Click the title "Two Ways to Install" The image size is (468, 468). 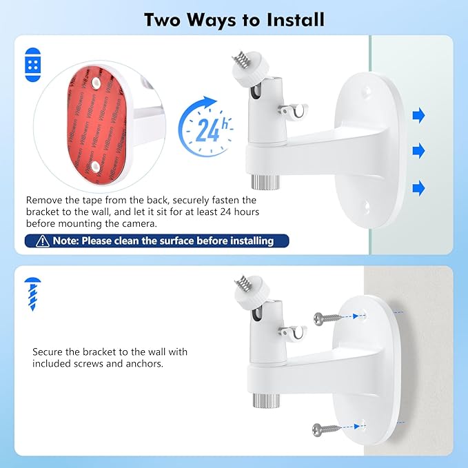pyautogui.click(x=234, y=19)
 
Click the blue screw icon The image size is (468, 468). pyautogui.click(x=32, y=294)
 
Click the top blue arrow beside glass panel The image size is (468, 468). pyautogui.click(x=418, y=115)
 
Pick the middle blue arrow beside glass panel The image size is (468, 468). pyautogui.click(x=418, y=151)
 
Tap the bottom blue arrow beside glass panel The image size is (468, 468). pyautogui.click(x=418, y=187)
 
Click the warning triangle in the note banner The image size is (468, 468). pyautogui.click(x=41, y=241)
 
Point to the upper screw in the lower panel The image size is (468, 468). pyautogui.click(x=327, y=318)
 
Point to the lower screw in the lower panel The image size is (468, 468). pyautogui.click(x=327, y=428)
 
